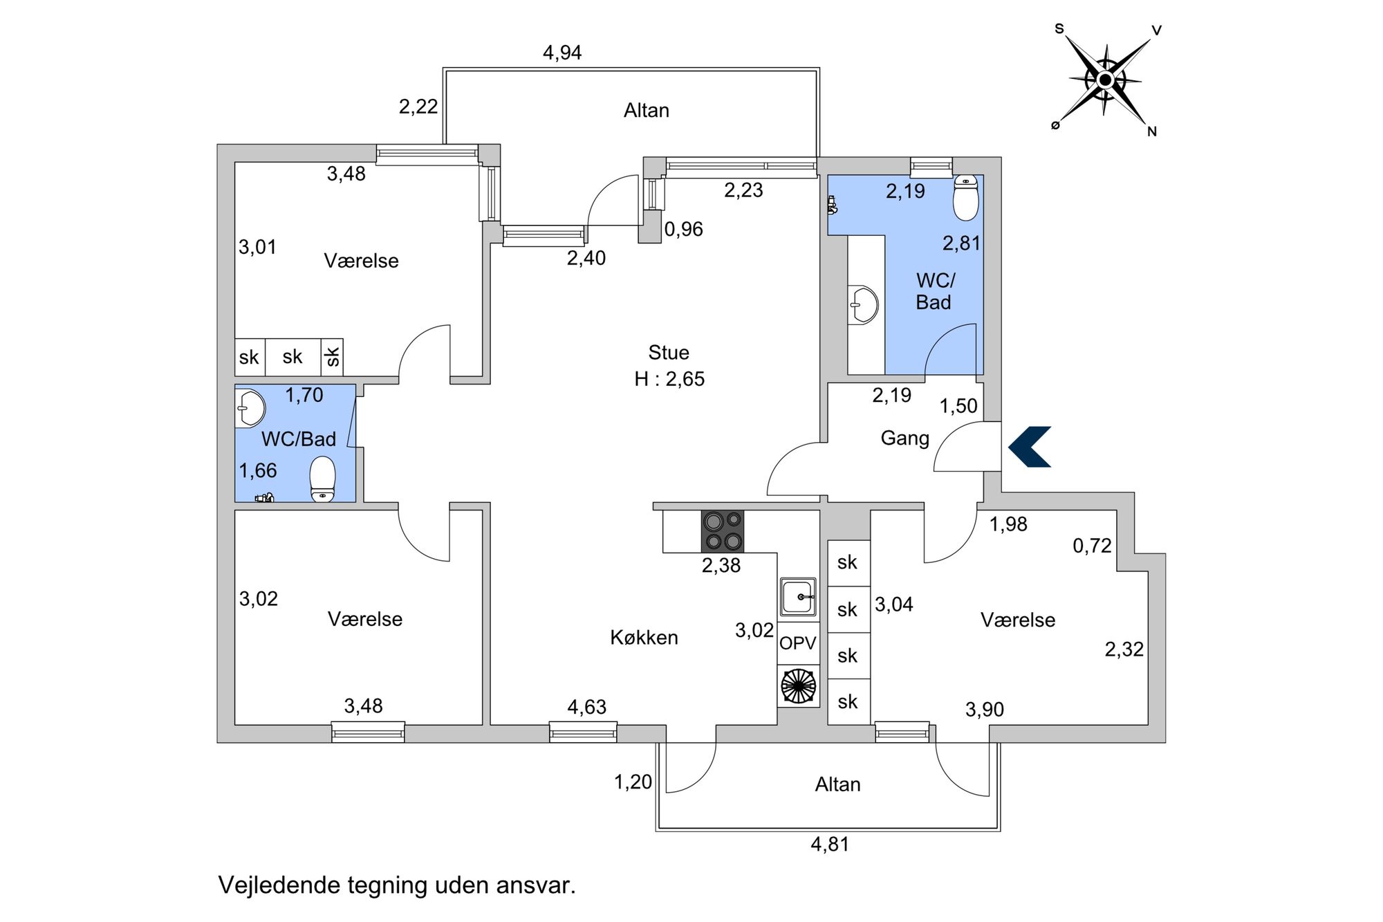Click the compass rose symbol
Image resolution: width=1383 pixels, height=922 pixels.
pyautogui.click(x=1105, y=81)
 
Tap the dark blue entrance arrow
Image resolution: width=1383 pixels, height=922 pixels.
pyautogui.click(x=1030, y=446)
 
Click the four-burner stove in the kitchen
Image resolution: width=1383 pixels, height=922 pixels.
pyautogui.click(x=723, y=531)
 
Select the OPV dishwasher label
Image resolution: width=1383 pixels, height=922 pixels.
pyautogui.click(x=798, y=643)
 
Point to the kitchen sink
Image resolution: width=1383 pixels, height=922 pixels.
pyautogui.click(x=798, y=596)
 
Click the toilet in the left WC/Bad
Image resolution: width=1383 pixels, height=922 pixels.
pyautogui.click(x=322, y=480)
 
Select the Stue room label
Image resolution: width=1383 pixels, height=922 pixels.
pyautogui.click(x=669, y=353)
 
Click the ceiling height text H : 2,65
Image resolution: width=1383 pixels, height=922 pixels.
pyautogui.click(x=669, y=379)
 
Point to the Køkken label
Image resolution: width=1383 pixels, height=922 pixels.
pyautogui.click(x=644, y=638)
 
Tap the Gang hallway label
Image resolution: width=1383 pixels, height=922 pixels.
pyautogui.click(x=904, y=438)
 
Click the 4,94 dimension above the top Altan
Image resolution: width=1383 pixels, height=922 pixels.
pyautogui.click(x=562, y=53)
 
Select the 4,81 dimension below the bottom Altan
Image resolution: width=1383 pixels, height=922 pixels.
pyautogui.click(x=830, y=845)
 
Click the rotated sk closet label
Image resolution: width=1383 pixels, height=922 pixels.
pyautogui.click(x=333, y=357)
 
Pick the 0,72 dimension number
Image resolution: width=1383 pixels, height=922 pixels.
pyautogui.click(x=1092, y=546)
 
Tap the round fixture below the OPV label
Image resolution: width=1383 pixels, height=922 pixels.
pyautogui.click(x=798, y=685)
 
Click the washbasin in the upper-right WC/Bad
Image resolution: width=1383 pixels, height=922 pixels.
pyautogui.click(x=864, y=304)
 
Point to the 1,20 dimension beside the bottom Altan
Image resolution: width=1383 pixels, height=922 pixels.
pyautogui.click(x=633, y=782)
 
